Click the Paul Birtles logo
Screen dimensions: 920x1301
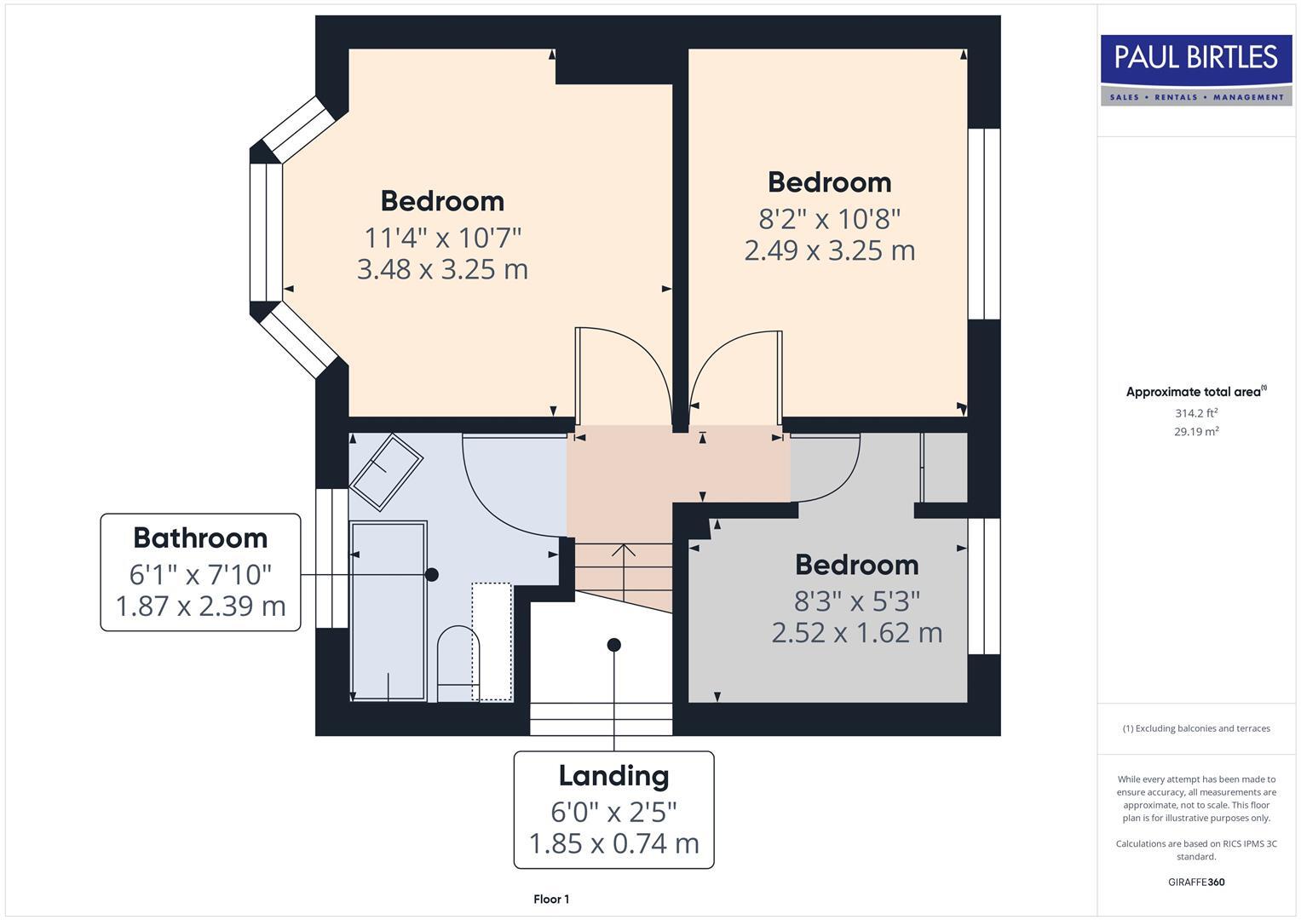point(1195,70)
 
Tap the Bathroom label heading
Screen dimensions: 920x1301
point(200,538)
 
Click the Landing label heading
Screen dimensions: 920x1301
point(613,776)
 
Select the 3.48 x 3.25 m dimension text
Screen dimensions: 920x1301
point(442,269)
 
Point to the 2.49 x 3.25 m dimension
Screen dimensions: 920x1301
point(829,250)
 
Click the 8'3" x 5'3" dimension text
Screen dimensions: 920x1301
point(856,601)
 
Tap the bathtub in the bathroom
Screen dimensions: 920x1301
point(389,612)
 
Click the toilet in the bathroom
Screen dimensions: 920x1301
point(458,664)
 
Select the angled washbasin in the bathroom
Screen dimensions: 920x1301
point(387,471)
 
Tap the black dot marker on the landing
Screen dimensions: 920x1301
point(613,645)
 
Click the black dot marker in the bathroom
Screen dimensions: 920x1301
point(432,575)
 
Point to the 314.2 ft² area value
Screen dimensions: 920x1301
point(1196,413)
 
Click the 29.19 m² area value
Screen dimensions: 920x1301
point(1196,432)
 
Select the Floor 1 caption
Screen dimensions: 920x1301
point(551,900)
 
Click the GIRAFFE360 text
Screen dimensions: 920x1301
point(1196,882)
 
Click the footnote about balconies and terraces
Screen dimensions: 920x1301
point(1196,728)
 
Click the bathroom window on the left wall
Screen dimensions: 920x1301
point(331,558)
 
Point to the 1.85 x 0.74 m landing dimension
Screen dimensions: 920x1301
point(613,843)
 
